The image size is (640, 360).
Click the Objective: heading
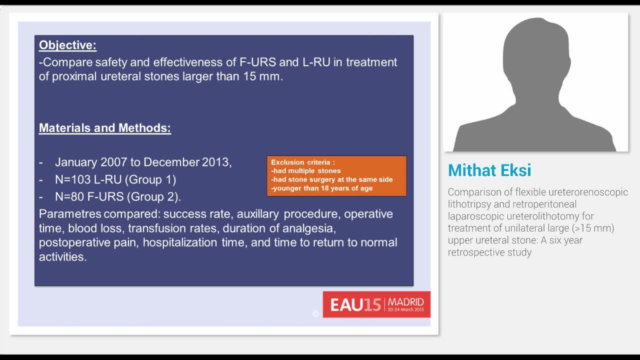67,45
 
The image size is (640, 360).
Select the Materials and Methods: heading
105,128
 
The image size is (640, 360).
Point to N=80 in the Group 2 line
69,196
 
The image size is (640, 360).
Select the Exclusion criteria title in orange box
302,162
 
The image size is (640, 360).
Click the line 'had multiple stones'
307,171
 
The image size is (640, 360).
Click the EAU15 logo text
355,304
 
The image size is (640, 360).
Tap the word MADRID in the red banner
405,301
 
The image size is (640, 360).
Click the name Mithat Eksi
489,170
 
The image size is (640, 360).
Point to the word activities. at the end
63,257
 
